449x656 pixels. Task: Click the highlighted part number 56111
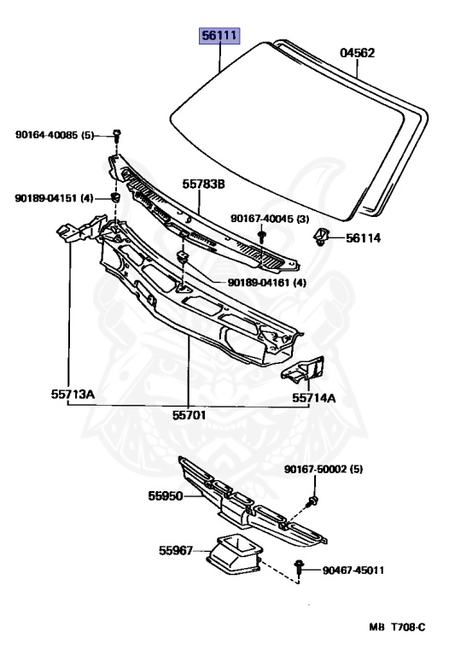point(219,36)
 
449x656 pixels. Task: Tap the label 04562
point(357,53)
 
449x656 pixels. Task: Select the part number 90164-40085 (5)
point(55,135)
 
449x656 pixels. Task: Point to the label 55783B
point(203,184)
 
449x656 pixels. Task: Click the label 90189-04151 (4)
point(54,198)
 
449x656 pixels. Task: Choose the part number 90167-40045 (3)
point(270,219)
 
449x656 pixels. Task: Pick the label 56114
point(363,238)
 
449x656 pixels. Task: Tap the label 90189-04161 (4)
point(266,283)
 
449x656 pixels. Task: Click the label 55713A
point(73,394)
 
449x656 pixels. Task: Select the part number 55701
point(189,415)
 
